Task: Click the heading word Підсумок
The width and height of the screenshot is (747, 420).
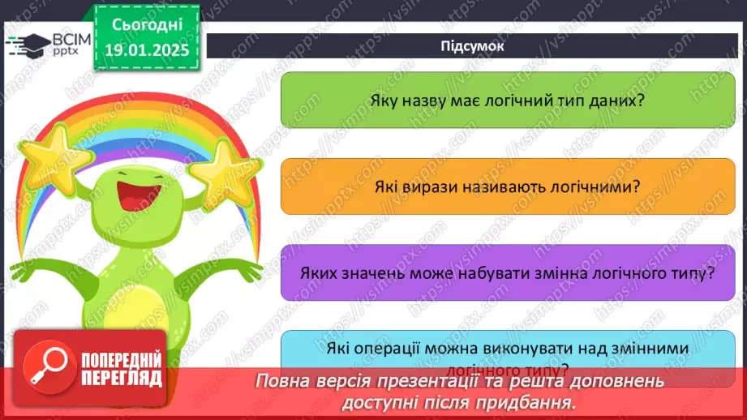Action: (473, 45)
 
